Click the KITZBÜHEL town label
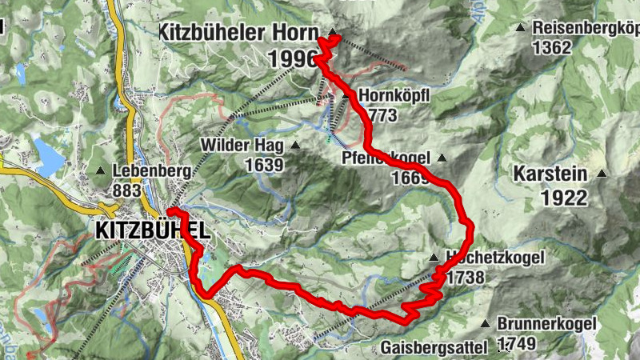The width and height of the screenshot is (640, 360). point(153,230)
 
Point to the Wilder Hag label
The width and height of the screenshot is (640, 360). point(242,146)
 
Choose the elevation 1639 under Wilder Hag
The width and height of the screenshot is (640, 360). point(265,166)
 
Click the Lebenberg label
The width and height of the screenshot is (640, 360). point(151,170)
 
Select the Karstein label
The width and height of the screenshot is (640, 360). point(550,174)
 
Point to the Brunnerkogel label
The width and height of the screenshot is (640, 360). point(547,324)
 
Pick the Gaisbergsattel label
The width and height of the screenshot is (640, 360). point(434,348)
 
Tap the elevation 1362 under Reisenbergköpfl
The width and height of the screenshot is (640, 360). point(553,47)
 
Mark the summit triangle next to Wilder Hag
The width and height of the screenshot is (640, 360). point(295,146)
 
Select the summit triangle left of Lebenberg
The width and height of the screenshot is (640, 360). point(101,170)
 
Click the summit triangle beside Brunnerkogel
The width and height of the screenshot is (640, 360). point(485,323)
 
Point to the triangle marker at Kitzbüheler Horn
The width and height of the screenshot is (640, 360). point(331,33)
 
